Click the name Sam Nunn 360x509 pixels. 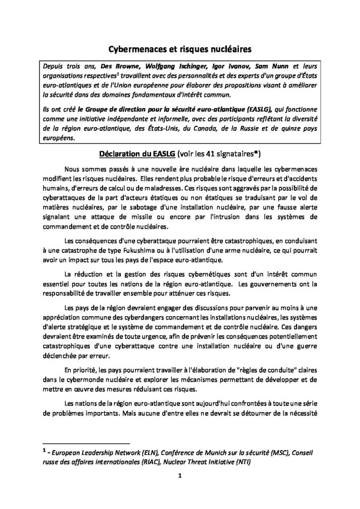(x=273, y=66)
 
